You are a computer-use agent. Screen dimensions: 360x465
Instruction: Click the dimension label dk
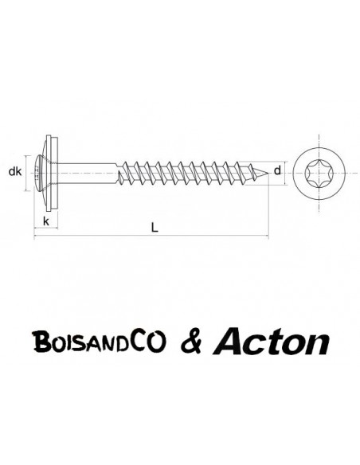coord(15,171)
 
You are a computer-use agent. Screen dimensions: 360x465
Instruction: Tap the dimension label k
coord(46,221)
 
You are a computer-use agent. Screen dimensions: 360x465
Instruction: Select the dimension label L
coord(155,228)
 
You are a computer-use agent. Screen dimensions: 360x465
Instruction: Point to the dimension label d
coord(277,170)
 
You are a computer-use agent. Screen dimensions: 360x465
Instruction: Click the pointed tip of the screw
coord(268,174)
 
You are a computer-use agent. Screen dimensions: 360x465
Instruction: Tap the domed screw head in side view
coord(40,173)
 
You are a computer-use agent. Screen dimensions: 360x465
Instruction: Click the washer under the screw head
coord(53,174)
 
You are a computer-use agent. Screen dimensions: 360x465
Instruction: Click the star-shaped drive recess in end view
coord(319,174)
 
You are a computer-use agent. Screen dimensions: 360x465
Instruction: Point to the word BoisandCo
coord(100,342)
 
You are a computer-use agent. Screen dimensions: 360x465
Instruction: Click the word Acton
coord(271,342)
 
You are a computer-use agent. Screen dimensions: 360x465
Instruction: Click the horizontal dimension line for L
coord(151,236)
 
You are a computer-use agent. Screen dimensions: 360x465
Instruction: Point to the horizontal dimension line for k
coord(46,228)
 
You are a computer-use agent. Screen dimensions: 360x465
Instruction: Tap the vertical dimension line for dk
coord(26,174)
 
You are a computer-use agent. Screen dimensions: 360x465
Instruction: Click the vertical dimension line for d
coord(286,174)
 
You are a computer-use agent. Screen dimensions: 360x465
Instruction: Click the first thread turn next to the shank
coord(122,174)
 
